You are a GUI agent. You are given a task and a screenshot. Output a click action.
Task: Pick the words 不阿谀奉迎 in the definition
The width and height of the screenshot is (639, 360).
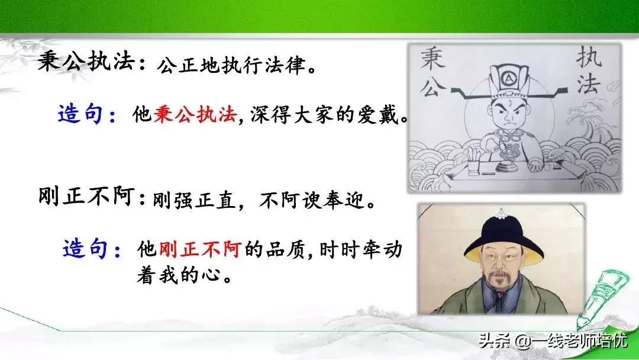(x=314, y=200)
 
